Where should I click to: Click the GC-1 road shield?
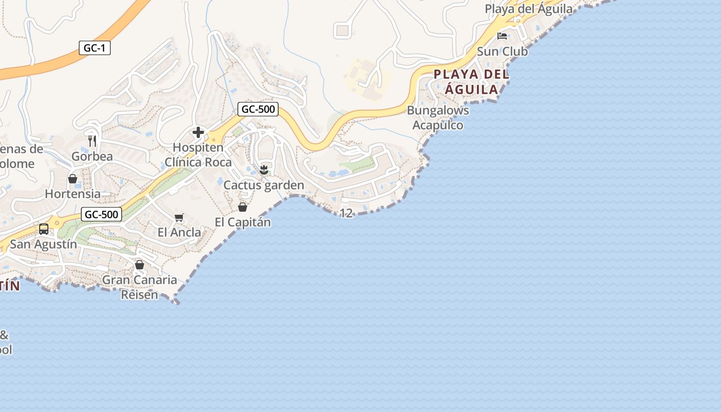pos(95,48)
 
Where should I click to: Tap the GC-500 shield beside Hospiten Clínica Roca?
pos(258,109)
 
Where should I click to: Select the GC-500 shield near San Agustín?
pos(101,214)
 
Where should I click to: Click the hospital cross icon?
pos(198,133)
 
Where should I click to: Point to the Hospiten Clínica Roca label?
pos(198,155)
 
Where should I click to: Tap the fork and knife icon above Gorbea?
pos(92,141)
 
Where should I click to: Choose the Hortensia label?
pos(73,194)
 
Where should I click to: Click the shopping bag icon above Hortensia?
pos(73,179)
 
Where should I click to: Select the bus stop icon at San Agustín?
pos(44,229)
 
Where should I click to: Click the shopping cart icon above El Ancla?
pos(179,218)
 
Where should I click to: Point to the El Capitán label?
pos(243,222)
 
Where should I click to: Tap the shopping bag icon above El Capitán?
pos(243,207)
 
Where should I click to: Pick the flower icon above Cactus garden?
pos(264,169)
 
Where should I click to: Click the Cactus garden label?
pos(264,185)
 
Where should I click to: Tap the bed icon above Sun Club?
pos(502,36)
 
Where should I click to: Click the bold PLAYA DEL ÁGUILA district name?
pos(471,82)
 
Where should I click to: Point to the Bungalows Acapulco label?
pos(438,118)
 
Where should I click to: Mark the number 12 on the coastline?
pos(347,213)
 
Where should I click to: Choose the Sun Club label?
pos(502,51)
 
